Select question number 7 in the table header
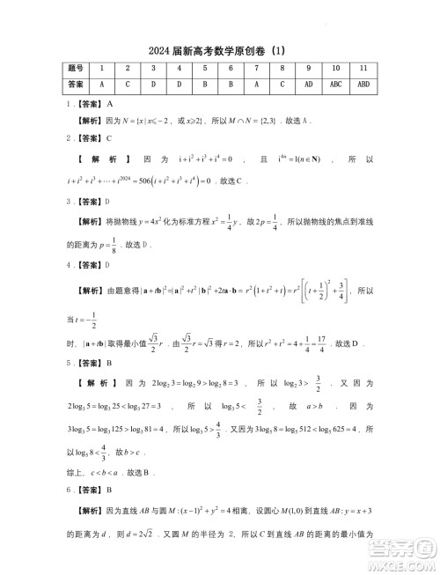[256, 69]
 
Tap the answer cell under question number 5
[204, 84]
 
